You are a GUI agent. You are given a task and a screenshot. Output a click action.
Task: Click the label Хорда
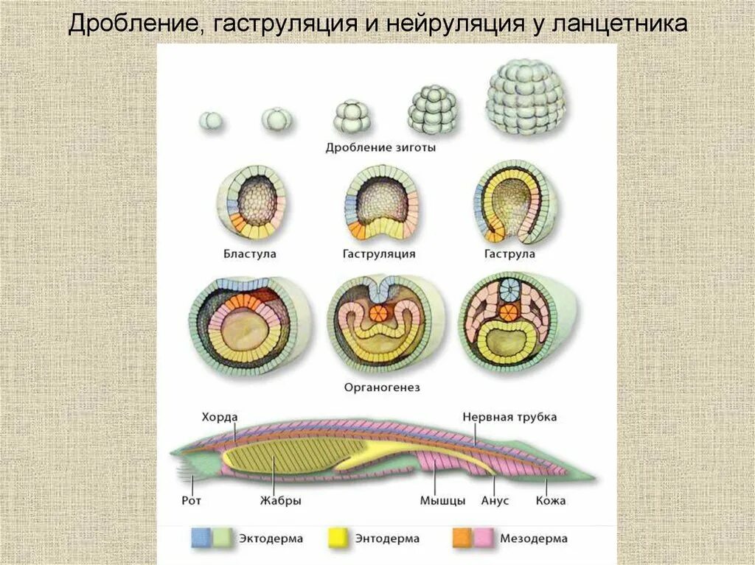220,417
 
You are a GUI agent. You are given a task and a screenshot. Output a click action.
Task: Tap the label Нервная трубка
509,417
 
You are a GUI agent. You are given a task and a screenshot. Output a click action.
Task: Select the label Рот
191,500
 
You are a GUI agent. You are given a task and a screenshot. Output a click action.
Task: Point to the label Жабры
280,500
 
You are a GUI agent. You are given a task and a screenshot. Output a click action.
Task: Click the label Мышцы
442,501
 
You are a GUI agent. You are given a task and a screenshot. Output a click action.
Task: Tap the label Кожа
551,501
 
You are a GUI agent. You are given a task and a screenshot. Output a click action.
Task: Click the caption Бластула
250,253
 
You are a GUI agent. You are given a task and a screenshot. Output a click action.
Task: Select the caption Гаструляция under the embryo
379,253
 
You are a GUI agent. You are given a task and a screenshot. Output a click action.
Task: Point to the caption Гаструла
509,253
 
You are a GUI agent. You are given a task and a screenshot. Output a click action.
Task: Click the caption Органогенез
377,386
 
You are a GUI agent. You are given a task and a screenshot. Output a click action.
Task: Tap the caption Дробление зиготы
380,147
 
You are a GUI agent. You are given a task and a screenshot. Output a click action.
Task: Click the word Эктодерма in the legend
271,538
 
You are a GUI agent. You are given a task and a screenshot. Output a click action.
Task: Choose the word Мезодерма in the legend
529,538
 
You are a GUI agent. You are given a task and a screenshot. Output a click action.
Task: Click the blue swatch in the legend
201,538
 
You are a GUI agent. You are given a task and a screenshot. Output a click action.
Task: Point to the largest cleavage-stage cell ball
526,96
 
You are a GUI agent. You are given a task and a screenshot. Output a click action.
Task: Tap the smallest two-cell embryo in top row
210,121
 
